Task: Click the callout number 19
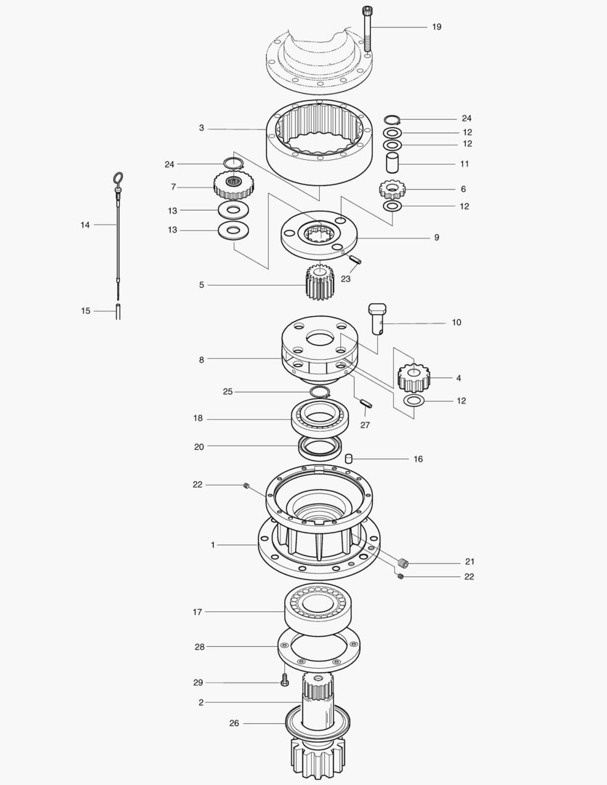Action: pos(436,27)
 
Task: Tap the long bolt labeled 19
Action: pos(369,29)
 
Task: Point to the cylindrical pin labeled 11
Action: pos(393,163)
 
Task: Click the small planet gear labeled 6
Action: pos(392,190)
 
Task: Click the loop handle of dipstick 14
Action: pos(117,178)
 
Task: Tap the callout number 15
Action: pos(86,311)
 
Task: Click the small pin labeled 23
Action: pos(355,259)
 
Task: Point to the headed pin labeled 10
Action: pos(377,319)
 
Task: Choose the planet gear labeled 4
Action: pos(414,377)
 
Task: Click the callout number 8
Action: pos(201,359)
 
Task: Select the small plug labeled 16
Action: pos(348,459)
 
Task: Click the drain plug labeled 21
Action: pos(405,562)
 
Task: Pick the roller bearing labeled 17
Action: pos(318,605)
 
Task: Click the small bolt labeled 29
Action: pos(285,683)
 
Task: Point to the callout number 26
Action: pos(233,723)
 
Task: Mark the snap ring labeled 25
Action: pos(319,392)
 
